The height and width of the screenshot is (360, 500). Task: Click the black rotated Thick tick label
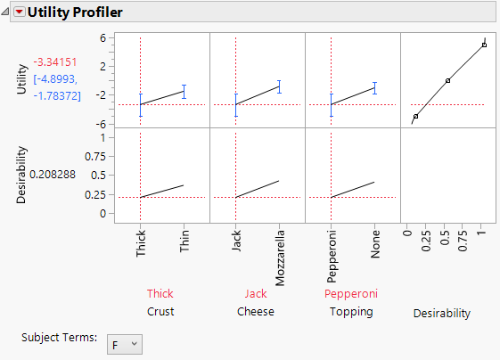(141, 242)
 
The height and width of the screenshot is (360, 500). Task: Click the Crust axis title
(160, 312)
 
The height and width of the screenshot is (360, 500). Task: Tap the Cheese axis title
(255, 312)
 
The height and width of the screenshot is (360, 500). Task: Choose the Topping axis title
(351, 312)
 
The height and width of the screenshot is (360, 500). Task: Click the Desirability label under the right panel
(441, 313)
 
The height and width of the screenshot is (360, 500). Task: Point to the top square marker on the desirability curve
(484, 45)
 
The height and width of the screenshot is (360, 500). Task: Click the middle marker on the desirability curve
(447, 81)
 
